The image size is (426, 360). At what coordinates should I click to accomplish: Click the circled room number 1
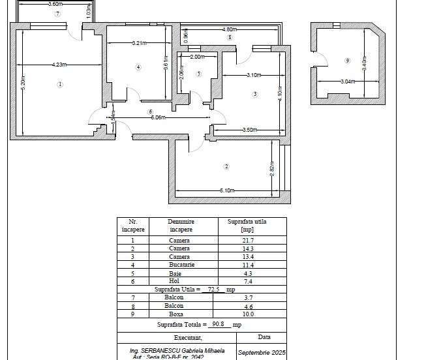tap(60, 84)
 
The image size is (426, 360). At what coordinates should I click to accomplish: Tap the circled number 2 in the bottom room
tap(226, 166)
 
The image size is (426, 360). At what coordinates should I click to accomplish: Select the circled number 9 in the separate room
tap(347, 61)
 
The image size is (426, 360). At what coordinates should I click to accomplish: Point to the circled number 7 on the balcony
tap(57, 13)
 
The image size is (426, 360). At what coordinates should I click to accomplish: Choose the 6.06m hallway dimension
tap(158, 118)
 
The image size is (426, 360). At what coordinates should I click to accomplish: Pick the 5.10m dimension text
tap(226, 190)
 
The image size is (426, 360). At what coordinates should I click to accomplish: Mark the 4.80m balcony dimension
tap(229, 29)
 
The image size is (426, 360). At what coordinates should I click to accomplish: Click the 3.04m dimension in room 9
tap(348, 82)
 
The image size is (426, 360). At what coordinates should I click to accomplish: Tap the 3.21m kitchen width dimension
tap(138, 44)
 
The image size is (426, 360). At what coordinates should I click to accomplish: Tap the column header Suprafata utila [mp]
tap(247, 226)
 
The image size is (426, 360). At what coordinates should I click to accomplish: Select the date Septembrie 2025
tap(262, 353)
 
